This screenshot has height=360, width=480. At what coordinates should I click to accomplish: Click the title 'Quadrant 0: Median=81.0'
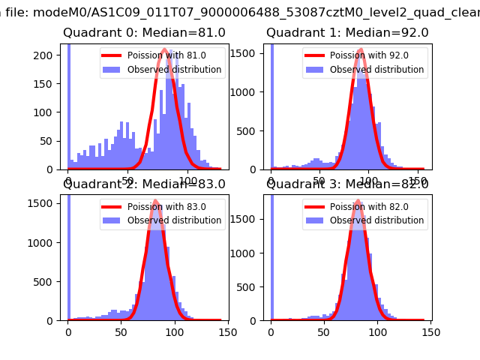click(144, 33)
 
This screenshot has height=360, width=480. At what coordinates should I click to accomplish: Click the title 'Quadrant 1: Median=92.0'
click(347, 33)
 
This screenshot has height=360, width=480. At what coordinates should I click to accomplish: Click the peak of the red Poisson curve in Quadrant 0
click(164, 50)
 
